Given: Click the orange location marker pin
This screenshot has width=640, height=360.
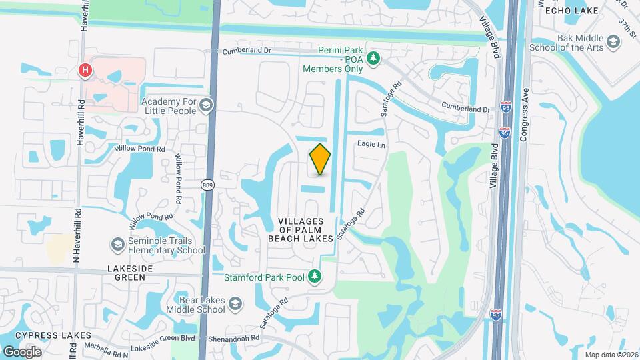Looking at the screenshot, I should coord(320,159).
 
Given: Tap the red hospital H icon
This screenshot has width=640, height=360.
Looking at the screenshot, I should coord(85,70).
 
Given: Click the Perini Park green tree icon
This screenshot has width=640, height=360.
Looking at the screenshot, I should coord(374,58).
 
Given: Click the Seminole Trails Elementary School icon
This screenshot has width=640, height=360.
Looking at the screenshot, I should coord(118,245).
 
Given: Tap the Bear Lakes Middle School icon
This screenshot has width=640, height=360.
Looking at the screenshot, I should coord(235,304).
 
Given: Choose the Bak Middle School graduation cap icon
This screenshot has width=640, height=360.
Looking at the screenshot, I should coord(613,47).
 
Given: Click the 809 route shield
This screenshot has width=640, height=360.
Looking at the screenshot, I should coord(209,185).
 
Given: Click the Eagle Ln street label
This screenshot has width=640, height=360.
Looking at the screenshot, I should coord(371,144).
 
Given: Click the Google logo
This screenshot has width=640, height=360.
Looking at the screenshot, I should coord(22,351).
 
